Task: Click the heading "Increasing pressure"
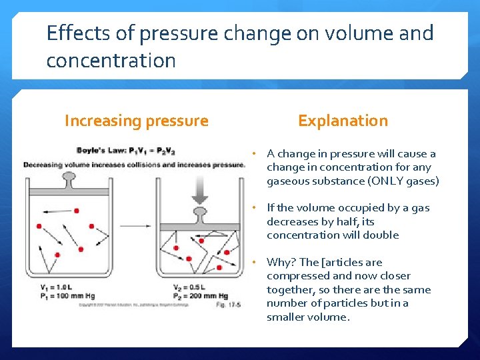click(x=136, y=121)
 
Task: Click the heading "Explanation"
click(x=343, y=121)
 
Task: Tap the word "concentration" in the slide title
click(x=111, y=61)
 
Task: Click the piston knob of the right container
click(x=199, y=214)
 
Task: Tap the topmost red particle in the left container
click(x=77, y=211)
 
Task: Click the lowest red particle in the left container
click(x=57, y=255)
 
